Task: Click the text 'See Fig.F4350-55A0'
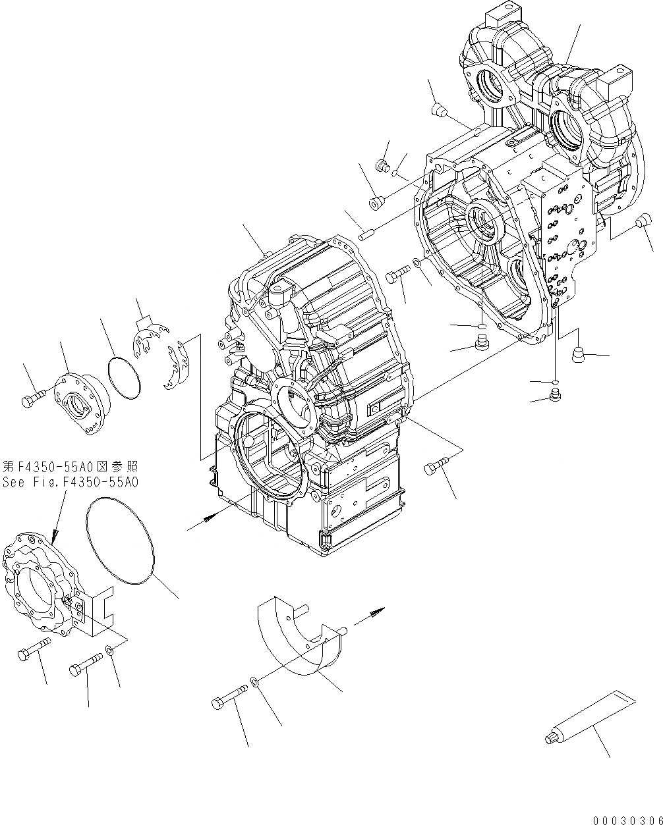coord(71,482)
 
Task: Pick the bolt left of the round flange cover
coord(34,398)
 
